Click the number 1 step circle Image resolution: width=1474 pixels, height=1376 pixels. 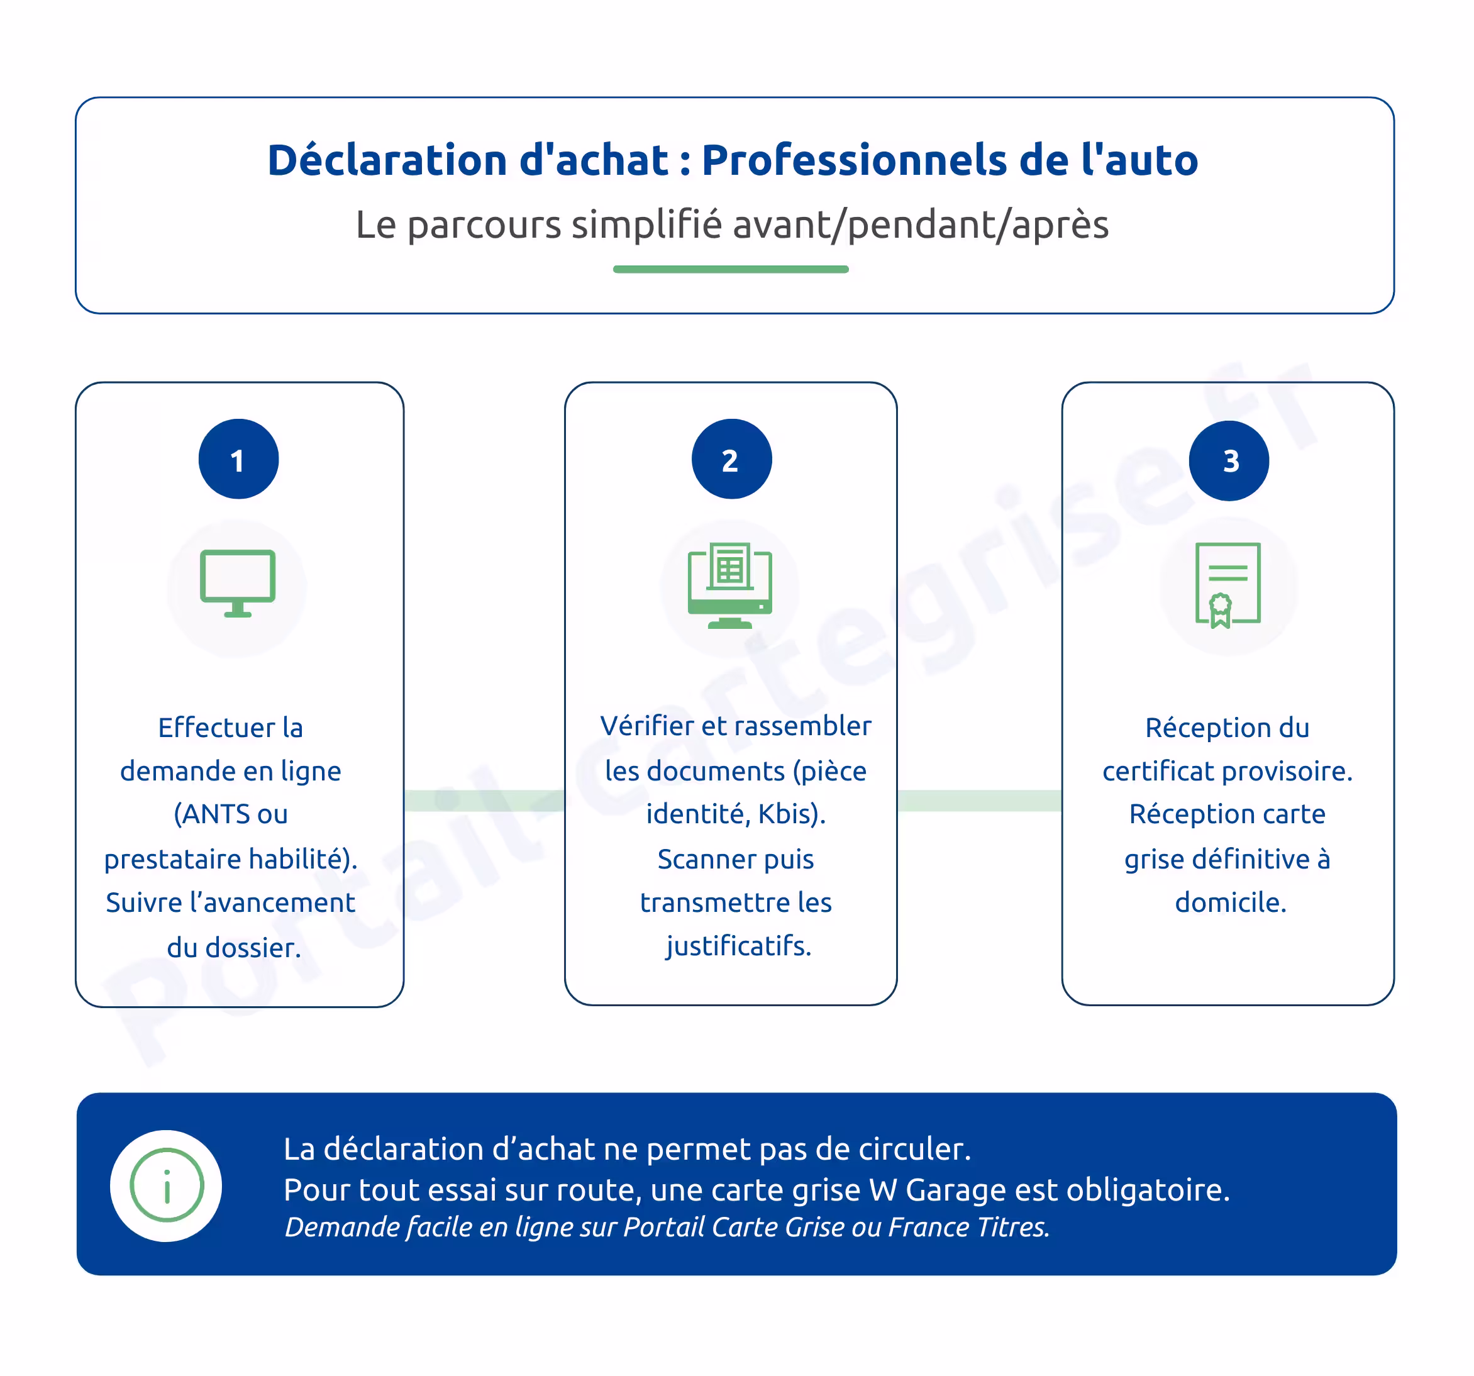point(238,460)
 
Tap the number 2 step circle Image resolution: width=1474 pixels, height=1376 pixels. point(731,460)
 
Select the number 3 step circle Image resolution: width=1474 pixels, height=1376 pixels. point(1229,461)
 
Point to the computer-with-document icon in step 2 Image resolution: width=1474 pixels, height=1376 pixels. point(729,585)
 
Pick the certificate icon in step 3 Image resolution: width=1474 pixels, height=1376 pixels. point(1227,585)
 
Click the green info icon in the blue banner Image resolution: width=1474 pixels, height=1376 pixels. point(166,1185)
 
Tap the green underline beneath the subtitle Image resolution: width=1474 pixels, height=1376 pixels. point(730,269)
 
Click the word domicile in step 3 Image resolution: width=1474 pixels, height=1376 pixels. point(1230,902)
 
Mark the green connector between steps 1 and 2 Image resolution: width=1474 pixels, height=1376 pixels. point(484,801)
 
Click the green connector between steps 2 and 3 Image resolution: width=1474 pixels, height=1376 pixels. point(978,801)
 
